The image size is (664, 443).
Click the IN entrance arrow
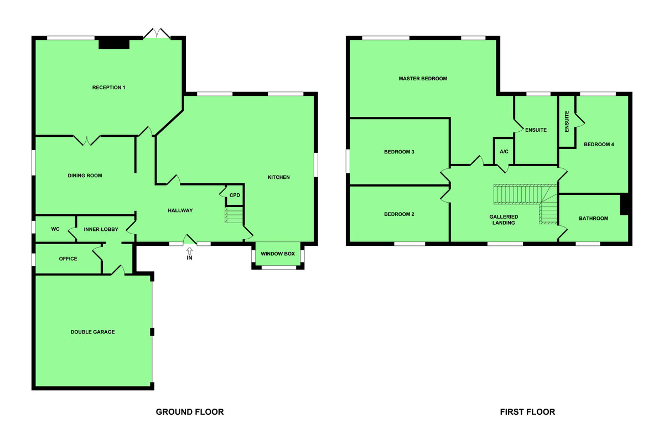(x=189, y=251)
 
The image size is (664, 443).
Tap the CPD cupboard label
(x=235, y=195)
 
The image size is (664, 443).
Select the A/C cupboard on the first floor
(x=504, y=152)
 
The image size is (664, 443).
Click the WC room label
(x=55, y=229)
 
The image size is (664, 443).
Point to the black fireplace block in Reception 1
(x=114, y=44)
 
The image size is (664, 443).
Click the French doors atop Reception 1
(x=157, y=33)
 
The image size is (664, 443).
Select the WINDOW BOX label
(x=278, y=254)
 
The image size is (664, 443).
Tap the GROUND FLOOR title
(x=190, y=412)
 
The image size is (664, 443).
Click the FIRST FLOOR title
(x=527, y=412)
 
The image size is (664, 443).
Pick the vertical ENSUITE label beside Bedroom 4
(x=567, y=121)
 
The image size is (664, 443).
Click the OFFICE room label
(x=68, y=259)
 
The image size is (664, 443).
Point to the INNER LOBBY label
(x=101, y=229)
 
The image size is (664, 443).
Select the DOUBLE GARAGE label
(x=92, y=332)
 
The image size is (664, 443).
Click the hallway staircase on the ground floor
(x=234, y=215)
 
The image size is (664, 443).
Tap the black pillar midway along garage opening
(x=152, y=332)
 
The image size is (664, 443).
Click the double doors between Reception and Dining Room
(x=87, y=140)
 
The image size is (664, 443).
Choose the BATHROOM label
(x=593, y=218)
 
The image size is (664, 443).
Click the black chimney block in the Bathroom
(x=624, y=204)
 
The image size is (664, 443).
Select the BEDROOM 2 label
(x=399, y=214)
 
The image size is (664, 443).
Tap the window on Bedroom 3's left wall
(x=347, y=161)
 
